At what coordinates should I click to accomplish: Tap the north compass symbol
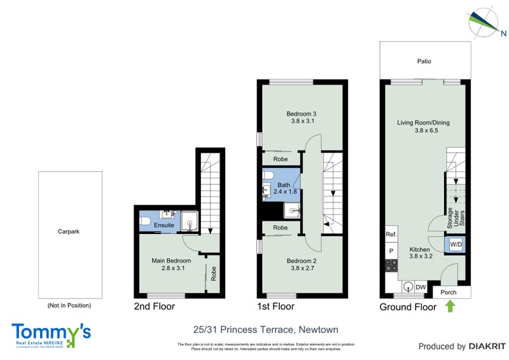pyautogui.click(x=483, y=21)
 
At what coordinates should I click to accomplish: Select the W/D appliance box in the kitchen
pyautogui.click(x=456, y=244)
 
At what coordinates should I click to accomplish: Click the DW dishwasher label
pyautogui.click(x=421, y=287)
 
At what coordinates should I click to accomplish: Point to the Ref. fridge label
pyautogui.click(x=391, y=235)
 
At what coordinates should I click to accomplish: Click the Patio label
pyautogui.click(x=424, y=62)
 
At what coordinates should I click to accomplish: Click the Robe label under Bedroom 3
pyautogui.click(x=280, y=159)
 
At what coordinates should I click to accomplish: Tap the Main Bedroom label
pyautogui.click(x=171, y=261)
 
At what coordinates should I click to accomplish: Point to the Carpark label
pyautogui.click(x=69, y=232)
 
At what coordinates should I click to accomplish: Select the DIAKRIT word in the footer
pyautogui.click(x=487, y=347)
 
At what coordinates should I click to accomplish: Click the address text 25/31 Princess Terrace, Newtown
pyautogui.click(x=265, y=329)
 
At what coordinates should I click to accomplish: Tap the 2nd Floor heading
pyautogui.click(x=154, y=307)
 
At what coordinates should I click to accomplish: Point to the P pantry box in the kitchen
pyautogui.click(x=391, y=251)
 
